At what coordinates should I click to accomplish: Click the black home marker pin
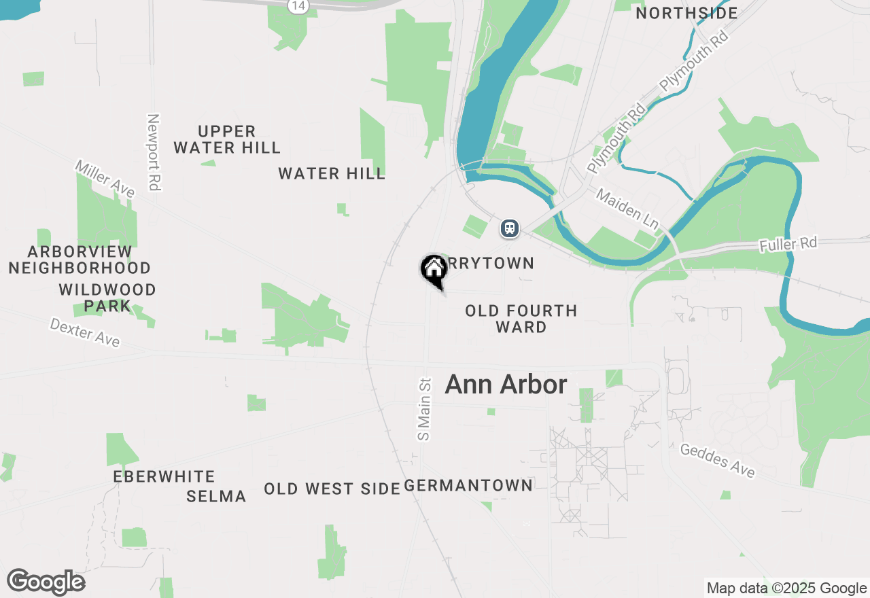tap(433, 270)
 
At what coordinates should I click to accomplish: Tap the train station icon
tap(510, 228)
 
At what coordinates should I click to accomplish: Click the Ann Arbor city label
tap(506, 385)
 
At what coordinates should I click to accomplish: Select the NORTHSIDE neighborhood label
tap(686, 13)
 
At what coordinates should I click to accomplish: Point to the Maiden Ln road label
tap(629, 209)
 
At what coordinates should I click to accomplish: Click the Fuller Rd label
tap(788, 245)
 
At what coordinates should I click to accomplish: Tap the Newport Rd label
tap(154, 152)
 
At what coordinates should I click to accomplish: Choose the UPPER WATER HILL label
tap(227, 139)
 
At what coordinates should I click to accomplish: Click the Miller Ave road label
tap(105, 179)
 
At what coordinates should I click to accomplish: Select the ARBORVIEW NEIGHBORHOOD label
tap(80, 260)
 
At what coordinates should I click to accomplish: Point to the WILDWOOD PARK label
tap(107, 298)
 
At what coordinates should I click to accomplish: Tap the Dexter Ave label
tap(85, 332)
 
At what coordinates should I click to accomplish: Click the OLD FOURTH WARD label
tap(521, 319)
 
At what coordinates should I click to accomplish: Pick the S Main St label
tap(425, 409)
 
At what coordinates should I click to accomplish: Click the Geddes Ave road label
tap(717, 461)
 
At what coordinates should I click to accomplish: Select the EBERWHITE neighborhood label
tap(164, 476)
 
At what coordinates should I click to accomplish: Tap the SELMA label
tap(216, 497)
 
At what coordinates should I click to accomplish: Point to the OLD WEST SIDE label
tap(332, 489)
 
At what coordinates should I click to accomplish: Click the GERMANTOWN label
tap(468, 485)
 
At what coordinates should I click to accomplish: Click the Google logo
tap(46, 582)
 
